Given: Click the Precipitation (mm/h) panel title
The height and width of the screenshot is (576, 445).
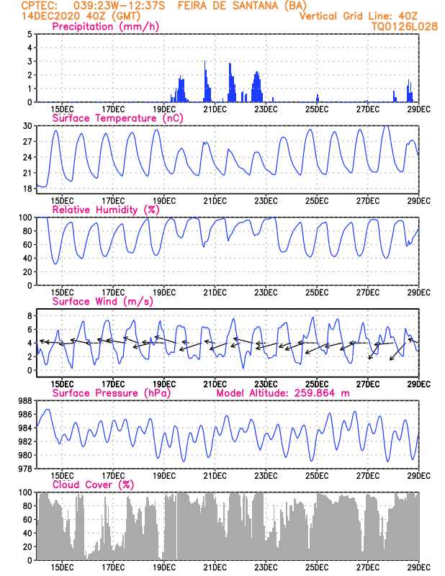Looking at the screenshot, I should [105, 27].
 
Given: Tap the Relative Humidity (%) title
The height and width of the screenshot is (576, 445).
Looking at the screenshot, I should [105, 210].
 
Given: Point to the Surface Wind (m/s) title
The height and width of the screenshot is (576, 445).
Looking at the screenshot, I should [102, 302].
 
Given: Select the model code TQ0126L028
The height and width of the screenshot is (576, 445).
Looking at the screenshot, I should [405, 26].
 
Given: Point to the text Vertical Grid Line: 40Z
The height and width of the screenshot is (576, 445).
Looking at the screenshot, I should [358, 16].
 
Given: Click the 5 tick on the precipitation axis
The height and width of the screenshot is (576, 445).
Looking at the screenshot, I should [29, 35].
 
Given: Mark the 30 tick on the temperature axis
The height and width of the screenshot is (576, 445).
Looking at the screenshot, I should [27, 126].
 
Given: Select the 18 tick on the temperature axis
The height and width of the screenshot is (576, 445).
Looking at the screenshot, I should [27, 189].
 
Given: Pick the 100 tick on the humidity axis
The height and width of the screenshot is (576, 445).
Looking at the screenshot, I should [24, 217].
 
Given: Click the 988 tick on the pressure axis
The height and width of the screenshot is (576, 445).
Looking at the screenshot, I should [24, 401].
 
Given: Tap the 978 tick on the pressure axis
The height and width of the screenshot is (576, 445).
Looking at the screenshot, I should [24, 469].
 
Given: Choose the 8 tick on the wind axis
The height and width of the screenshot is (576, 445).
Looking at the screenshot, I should [29, 316].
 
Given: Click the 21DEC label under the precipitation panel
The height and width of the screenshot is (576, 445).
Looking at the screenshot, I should [215, 109].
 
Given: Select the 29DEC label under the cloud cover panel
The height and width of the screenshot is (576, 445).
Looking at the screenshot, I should [418, 567].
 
